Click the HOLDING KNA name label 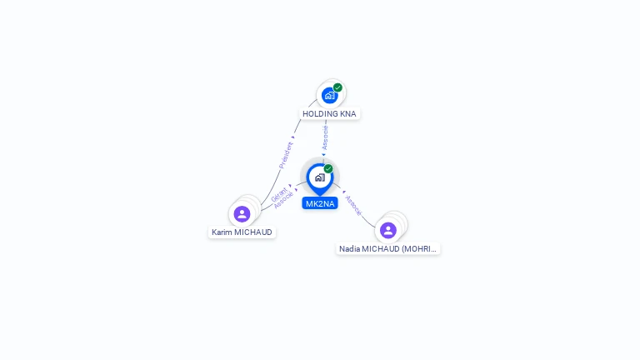329,113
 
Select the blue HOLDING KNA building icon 329,96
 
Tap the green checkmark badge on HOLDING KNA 337,87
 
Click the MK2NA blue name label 320,203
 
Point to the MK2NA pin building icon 319,177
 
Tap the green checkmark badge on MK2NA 328,169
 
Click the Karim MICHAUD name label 242,232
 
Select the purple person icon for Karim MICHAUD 242,214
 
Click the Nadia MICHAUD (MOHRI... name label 387,248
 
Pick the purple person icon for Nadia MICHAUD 387,230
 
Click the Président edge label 286,155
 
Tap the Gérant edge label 278,194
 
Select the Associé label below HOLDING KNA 326,137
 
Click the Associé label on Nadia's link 353,206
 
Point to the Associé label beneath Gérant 283,200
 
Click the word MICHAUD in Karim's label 253,232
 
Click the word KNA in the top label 348,113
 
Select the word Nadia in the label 349,248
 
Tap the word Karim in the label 222,232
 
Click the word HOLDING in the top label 320,113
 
